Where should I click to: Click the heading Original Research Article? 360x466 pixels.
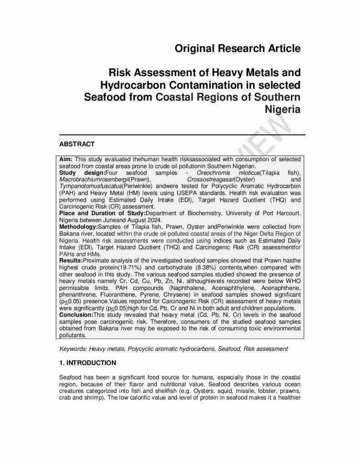[x=238, y=48]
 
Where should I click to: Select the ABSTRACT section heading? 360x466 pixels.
[x=77, y=144]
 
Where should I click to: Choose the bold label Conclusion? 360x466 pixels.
[x=76, y=314]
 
